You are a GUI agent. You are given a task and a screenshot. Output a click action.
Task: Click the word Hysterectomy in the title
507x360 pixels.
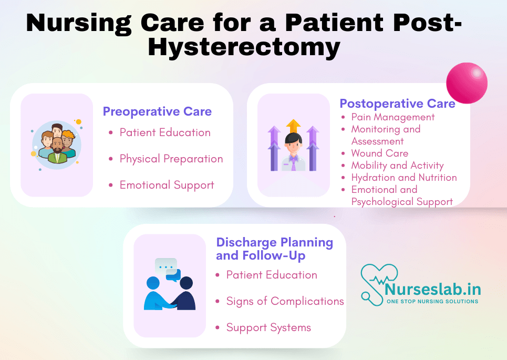244,48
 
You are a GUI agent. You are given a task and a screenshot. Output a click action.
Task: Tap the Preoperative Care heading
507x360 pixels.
157,111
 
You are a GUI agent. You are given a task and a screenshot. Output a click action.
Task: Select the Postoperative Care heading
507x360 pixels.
397,104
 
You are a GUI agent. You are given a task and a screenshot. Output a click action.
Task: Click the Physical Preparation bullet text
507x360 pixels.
171,159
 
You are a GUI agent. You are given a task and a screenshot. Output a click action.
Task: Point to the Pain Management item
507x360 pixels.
393,117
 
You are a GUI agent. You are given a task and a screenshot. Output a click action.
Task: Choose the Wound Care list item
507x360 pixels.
380,153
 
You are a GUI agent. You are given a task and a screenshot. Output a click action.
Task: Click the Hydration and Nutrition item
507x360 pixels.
404,177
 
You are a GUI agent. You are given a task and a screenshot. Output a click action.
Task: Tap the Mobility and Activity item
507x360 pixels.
397,165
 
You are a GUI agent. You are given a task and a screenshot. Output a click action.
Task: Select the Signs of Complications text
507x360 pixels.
285,301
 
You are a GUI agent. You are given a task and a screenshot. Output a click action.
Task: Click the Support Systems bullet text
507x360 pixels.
268,327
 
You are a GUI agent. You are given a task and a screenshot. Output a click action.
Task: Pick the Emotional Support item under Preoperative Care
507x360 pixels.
167,185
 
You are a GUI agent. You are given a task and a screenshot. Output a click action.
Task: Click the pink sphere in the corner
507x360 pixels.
467,83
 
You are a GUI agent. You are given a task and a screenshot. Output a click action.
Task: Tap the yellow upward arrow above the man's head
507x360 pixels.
293,126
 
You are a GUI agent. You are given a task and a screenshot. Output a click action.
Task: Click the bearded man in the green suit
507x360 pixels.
58,150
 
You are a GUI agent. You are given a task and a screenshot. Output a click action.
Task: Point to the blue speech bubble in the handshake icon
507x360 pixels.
173,275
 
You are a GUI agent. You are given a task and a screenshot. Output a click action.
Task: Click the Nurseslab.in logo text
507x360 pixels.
433,289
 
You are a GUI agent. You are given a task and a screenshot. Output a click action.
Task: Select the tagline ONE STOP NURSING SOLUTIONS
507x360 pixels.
432,302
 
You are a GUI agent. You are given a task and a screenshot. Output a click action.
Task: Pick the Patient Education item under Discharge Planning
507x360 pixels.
272,275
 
